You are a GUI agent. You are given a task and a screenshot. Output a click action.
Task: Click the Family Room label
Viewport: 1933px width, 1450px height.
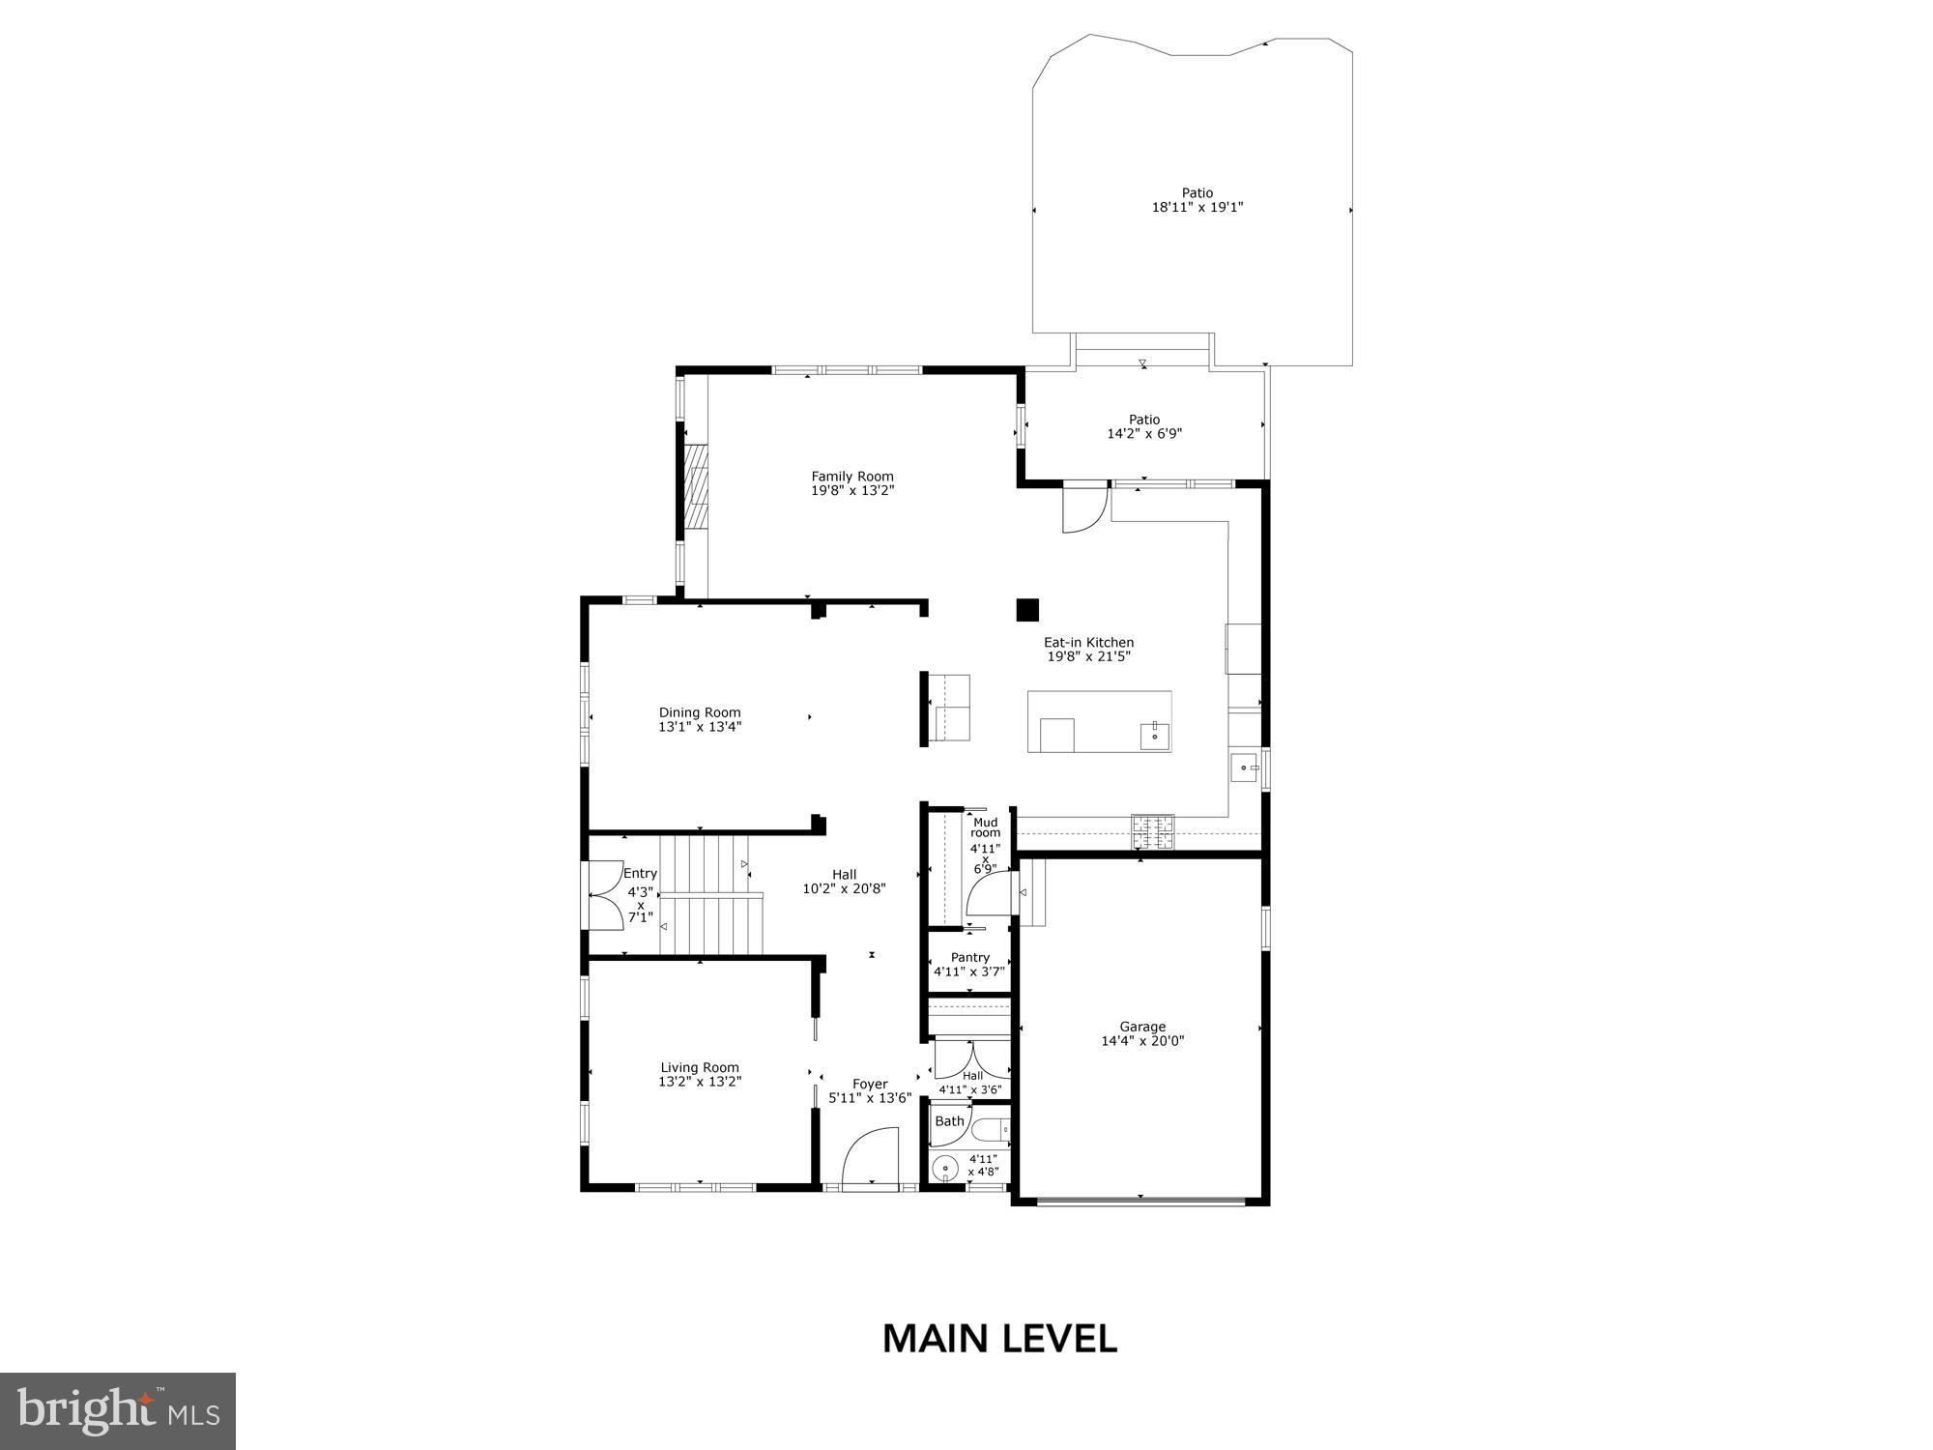pyautogui.click(x=851, y=477)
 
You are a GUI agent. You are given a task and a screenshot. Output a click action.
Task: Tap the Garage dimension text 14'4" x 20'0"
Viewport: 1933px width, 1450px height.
pyautogui.click(x=1142, y=1041)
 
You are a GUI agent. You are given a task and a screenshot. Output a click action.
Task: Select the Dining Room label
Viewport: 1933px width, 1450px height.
pyautogui.click(x=700, y=712)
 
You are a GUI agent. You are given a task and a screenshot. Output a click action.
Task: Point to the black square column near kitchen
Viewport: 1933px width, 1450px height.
pyautogui.click(x=1026, y=610)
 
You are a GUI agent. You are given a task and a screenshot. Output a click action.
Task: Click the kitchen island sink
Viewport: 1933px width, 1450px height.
pyautogui.click(x=1154, y=735)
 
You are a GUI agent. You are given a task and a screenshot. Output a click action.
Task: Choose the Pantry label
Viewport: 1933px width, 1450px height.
pyautogui.click(x=969, y=957)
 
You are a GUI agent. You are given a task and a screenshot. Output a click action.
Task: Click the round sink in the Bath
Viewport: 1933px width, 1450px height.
pyautogui.click(x=945, y=1169)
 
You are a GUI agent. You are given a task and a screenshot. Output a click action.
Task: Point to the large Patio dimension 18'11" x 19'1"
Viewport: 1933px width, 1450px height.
pyautogui.click(x=1197, y=207)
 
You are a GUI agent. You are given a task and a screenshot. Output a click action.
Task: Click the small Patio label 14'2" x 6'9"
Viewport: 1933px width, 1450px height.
pyautogui.click(x=1144, y=420)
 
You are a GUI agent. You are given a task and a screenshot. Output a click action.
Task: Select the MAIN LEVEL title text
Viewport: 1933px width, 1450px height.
pyautogui.click(x=999, y=1339)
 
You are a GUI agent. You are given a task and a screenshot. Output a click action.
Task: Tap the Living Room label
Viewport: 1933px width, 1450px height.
pyautogui.click(x=700, y=1067)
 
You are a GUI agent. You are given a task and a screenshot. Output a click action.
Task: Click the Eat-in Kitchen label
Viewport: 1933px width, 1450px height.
pyautogui.click(x=1088, y=642)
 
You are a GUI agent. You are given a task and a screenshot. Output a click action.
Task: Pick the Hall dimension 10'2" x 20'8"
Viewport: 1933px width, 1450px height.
pyautogui.click(x=844, y=888)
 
